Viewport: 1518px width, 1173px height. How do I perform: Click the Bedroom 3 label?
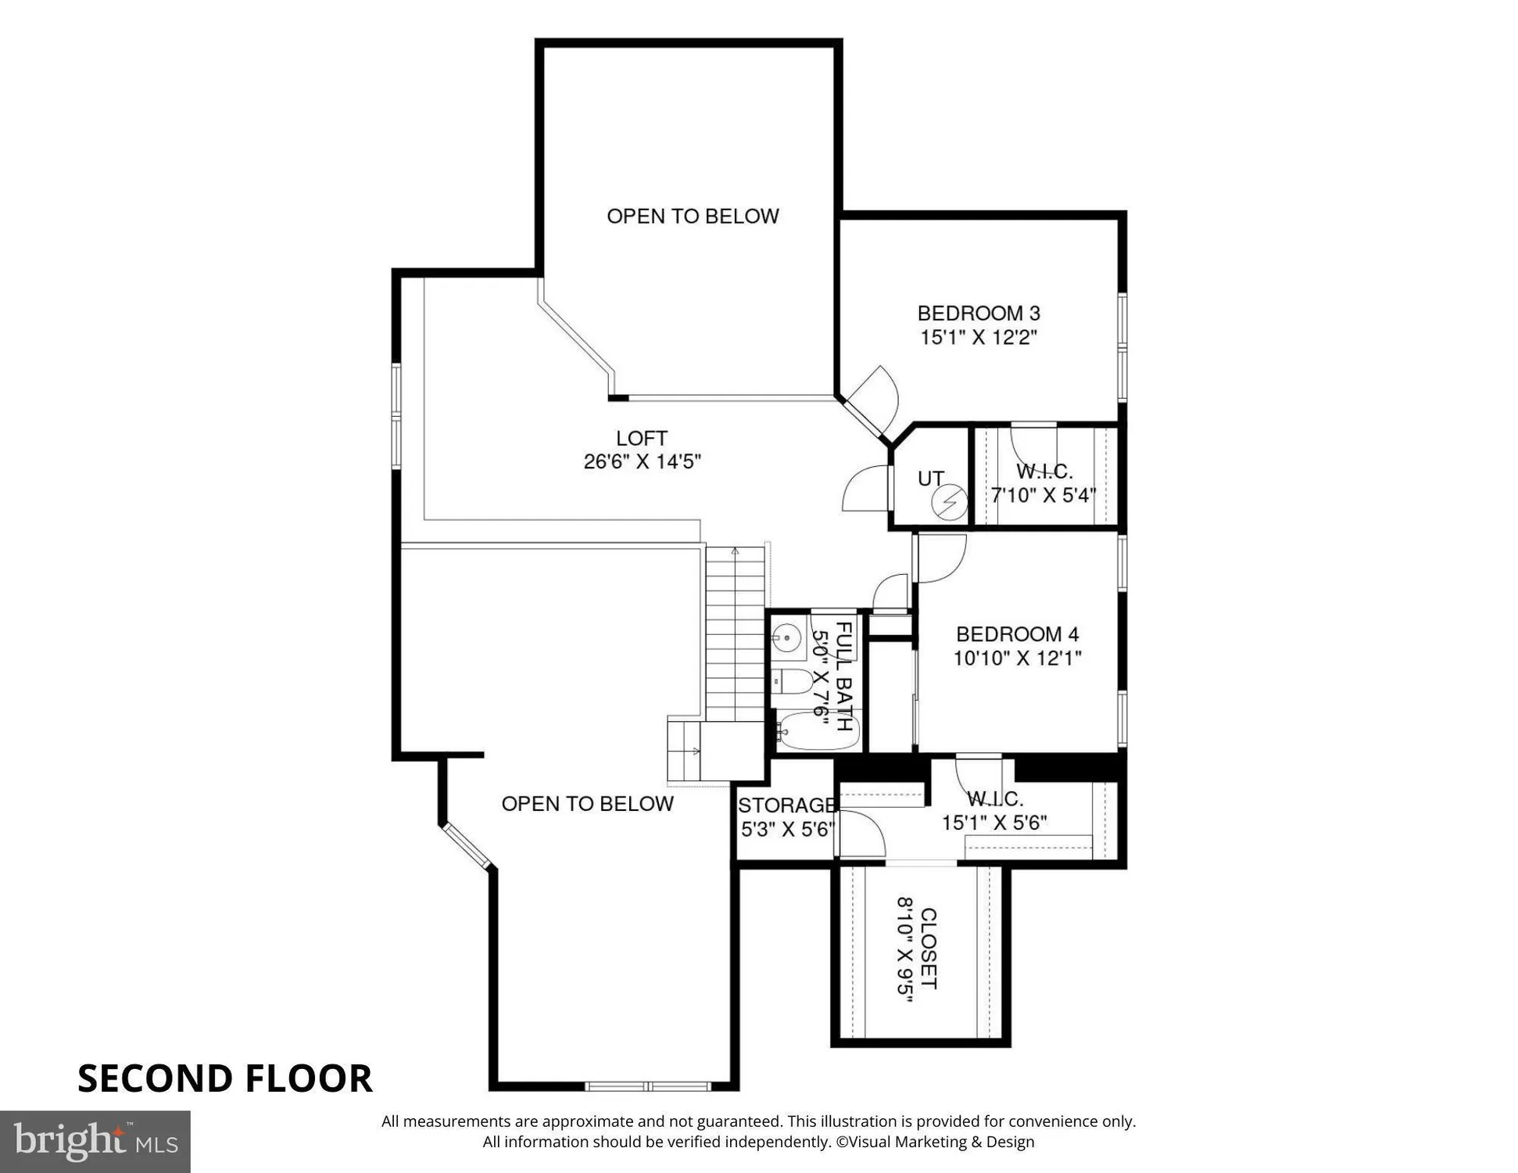pyautogui.click(x=978, y=314)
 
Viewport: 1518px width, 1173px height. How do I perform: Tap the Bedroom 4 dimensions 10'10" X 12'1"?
pyautogui.click(x=1016, y=658)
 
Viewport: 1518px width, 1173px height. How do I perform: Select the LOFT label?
pyautogui.click(x=641, y=438)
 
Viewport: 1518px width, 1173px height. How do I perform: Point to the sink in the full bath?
pyautogui.click(x=788, y=637)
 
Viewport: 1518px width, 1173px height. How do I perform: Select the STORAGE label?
pyautogui.click(x=786, y=805)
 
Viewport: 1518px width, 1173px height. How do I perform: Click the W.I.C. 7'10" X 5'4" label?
pyautogui.click(x=1044, y=483)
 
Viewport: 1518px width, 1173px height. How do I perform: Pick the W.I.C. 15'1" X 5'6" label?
pyautogui.click(x=994, y=811)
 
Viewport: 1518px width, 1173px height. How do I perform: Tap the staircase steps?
pyautogui.click(x=735, y=633)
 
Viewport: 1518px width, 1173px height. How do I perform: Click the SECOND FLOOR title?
pyautogui.click(x=225, y=1078)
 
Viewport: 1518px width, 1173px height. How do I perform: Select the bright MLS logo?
pyautogui.click(x=95, y=1142)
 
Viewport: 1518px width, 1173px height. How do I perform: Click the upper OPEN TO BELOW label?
pyautogui.click(x=693, y=217)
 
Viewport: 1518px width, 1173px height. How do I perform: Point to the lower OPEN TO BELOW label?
pyautogui.click(x=587, y=804)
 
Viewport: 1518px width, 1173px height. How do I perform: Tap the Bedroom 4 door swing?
pyautogui.click(x=940, y=557)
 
